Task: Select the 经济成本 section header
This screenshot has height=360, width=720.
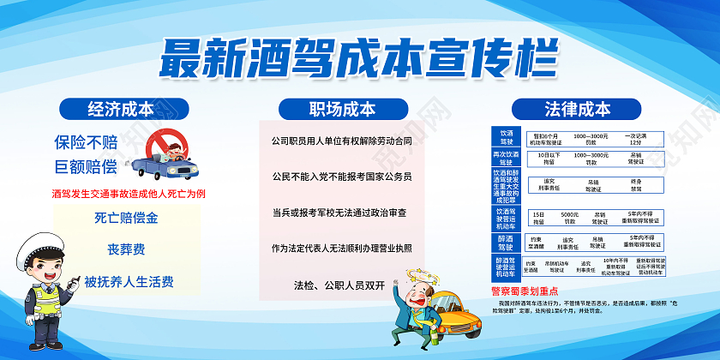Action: pyautogui.click(x=121, y=109)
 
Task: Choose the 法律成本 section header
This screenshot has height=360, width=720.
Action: pyautogui.click(x=577, y=109)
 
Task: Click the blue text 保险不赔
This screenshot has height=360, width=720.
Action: pyautogui.click(x=86, y=141)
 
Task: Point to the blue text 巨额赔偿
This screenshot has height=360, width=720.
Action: pyautogui.click(x=86, y=165)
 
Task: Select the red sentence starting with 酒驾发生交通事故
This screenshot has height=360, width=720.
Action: pyautogui.click(x=129, y=193)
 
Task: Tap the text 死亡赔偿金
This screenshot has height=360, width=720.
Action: pyautogui.click(x=127, y=218)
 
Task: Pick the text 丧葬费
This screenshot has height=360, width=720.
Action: pyautogui.click(x=127, y=249)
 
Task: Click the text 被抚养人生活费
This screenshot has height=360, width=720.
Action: pyautogui.click(x=127, y=280)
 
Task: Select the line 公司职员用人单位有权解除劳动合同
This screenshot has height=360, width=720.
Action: pyautogui.click(x=342, y=140)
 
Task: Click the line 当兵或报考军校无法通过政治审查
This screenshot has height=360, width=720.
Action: pyautogui.click(x=341, y=212)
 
